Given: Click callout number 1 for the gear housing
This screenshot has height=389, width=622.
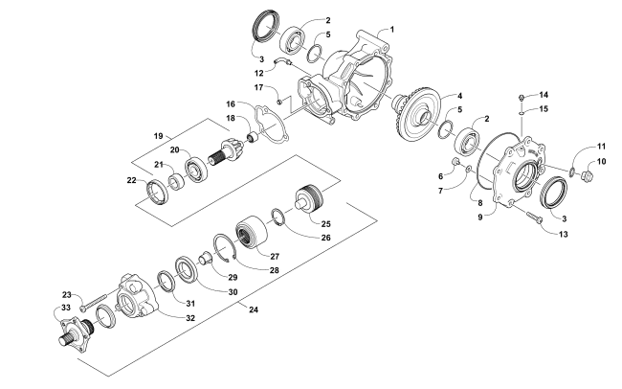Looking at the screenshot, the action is click(x=392, y=30).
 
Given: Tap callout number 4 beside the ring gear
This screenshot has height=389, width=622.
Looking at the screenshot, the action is click(x=459, y=96).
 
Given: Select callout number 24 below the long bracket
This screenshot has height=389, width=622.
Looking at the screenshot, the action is click(x=254, y=309).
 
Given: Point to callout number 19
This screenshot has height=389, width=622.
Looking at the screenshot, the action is click(x=158, y=136).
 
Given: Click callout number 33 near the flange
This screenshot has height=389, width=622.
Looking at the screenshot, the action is click(x=66, y=308).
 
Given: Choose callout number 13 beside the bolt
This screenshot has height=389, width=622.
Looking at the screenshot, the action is click(x=564, y=234).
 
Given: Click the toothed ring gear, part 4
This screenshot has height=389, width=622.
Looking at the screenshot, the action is click(x=418, y=116).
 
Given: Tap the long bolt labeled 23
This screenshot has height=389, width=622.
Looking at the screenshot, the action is click(x=94, y=302).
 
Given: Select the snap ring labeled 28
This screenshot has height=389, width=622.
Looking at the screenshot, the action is click(x=225, y=248).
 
